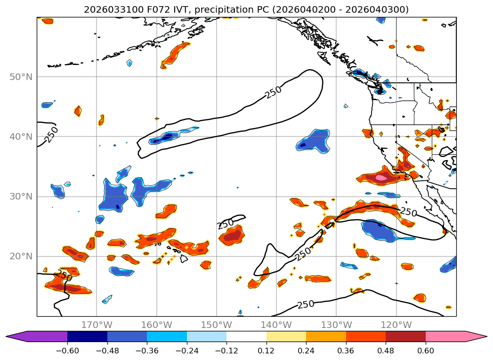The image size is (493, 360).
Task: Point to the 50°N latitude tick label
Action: pos(21,77)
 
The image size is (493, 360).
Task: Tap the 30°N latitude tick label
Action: pos(21,196)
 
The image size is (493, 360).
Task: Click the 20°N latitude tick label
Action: pos(21,256)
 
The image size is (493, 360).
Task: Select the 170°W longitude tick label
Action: pos(97,325)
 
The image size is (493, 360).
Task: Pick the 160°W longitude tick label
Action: pos(156,325)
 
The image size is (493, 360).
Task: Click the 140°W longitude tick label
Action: pos(276,325)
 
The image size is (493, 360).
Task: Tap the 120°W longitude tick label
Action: pos(396,325)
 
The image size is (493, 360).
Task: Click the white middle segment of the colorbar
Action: pos(246,336)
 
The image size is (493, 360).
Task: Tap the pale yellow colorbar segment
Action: pos(286,336)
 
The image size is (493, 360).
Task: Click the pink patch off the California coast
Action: pos(381,178)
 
